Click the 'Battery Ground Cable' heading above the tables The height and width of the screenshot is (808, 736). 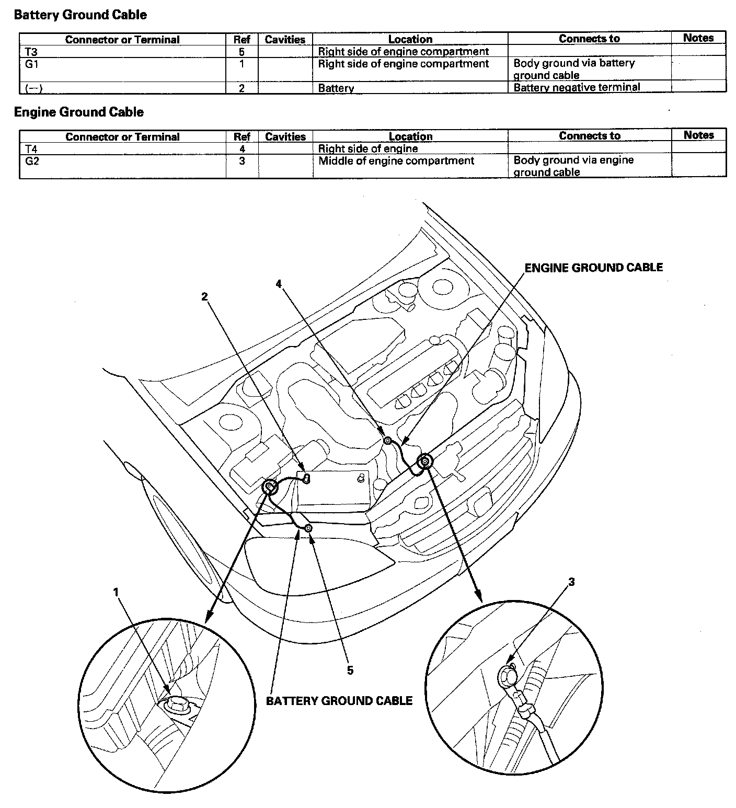click(80, 15)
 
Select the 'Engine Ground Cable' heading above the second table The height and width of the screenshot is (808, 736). click(78, 112)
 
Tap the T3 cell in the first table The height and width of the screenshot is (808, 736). click(31, 52)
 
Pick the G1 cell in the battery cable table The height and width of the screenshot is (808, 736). click(32, 64)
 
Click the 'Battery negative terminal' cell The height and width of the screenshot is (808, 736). click(577, 87)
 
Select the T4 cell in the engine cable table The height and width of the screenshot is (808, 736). click(31, 149)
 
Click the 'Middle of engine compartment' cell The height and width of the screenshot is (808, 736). click(396, 161)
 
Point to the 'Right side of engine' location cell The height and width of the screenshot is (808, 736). click(368, 149)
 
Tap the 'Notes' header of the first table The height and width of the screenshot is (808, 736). click(698, 38)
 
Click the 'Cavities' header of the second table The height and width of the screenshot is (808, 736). click(285, 136)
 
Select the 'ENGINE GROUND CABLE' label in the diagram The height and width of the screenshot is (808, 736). click(594, 268)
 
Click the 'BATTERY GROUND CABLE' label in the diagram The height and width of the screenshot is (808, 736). click(339, 701)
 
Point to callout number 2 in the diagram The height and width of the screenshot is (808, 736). click(205, 296)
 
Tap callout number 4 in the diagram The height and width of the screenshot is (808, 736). click(279, 283)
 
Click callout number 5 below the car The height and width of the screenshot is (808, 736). click(350, 670)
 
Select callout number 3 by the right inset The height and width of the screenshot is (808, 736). click(571, 582)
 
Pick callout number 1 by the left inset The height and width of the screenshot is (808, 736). click(116, 592)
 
